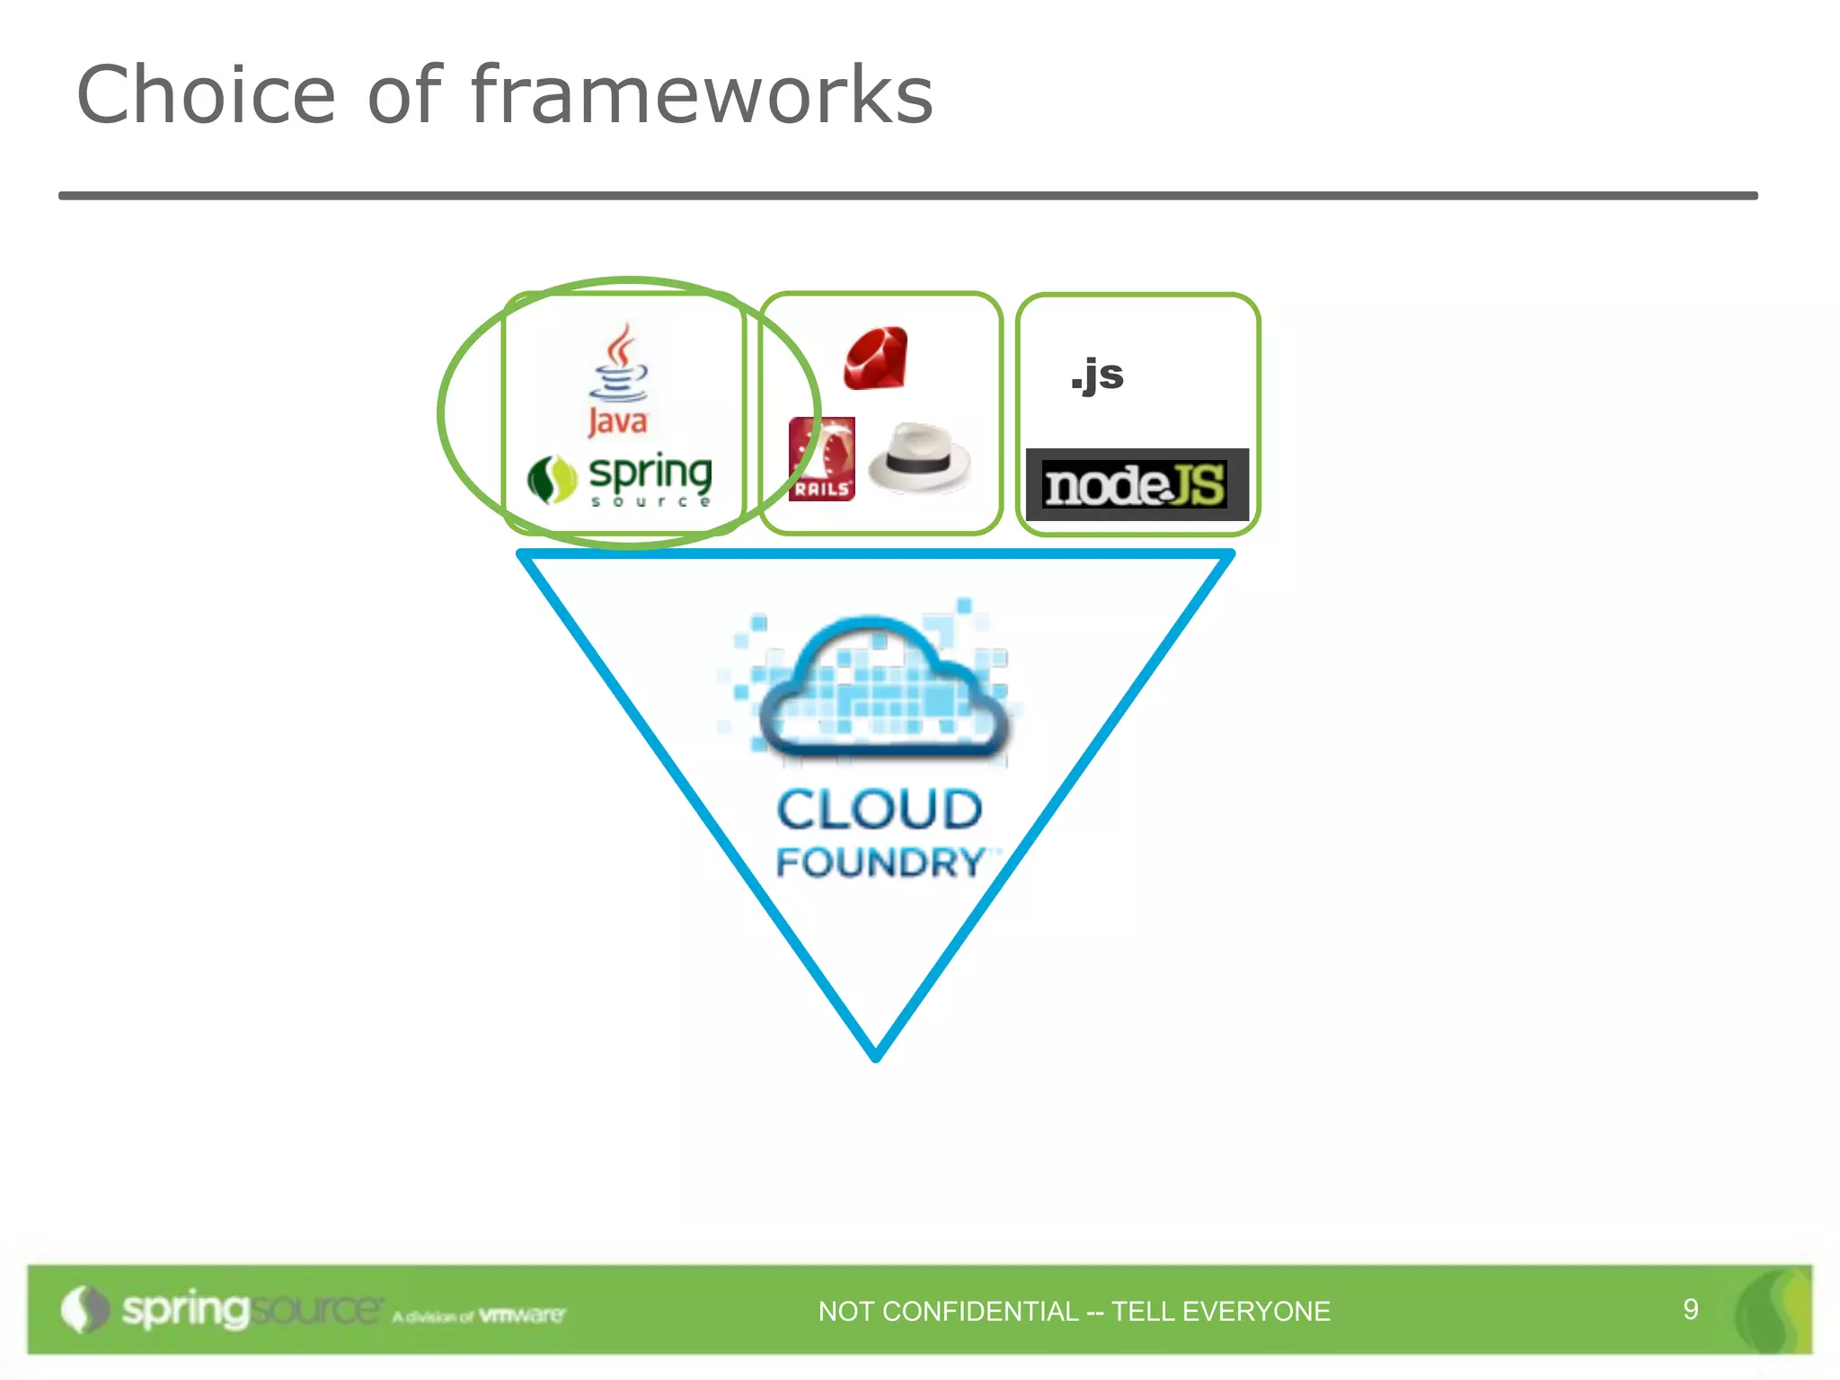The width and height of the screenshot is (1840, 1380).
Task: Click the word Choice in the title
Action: pos(206,95)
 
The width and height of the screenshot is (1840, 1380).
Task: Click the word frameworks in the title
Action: pos(702,95)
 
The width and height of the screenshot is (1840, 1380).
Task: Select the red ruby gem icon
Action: pos(876,358)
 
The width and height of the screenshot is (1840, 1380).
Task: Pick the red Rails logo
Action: pos(821,459)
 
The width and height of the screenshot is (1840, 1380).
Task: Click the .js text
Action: pos(1097,375)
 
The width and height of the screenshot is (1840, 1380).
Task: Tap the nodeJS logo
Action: pos(1137,485)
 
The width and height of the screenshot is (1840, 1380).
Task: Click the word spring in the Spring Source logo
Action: pos(650,473)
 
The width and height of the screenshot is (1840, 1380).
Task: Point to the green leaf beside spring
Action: pos(551,480)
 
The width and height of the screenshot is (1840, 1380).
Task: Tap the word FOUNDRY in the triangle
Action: pos(880,862)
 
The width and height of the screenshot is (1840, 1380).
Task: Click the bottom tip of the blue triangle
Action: pos(876,1055)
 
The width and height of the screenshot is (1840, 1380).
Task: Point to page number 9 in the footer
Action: pos(1690,1309)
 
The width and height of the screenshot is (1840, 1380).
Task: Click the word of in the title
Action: pos(404,95)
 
